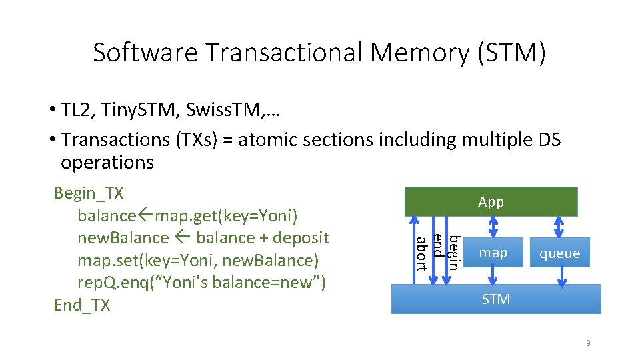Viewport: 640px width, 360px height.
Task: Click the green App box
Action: pos(491,201)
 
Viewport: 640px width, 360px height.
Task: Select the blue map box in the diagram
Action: pos(493,253)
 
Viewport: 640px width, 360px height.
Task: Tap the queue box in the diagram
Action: pos(559,253)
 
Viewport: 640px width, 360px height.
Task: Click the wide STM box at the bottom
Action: pos(495,299)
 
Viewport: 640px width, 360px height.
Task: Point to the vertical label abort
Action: pos(421,253)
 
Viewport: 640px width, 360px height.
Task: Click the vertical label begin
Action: pos(453,252)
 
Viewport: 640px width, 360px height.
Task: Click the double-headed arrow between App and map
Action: pos(493,227)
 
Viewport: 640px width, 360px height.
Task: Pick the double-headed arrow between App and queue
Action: pos(561,227)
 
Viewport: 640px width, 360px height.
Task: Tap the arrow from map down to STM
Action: pos(493,276)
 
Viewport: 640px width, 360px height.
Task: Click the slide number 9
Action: pos(587,343)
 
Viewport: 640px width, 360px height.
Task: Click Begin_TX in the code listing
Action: pos(89,193)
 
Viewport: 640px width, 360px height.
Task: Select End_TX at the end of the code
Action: pos(82,305)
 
